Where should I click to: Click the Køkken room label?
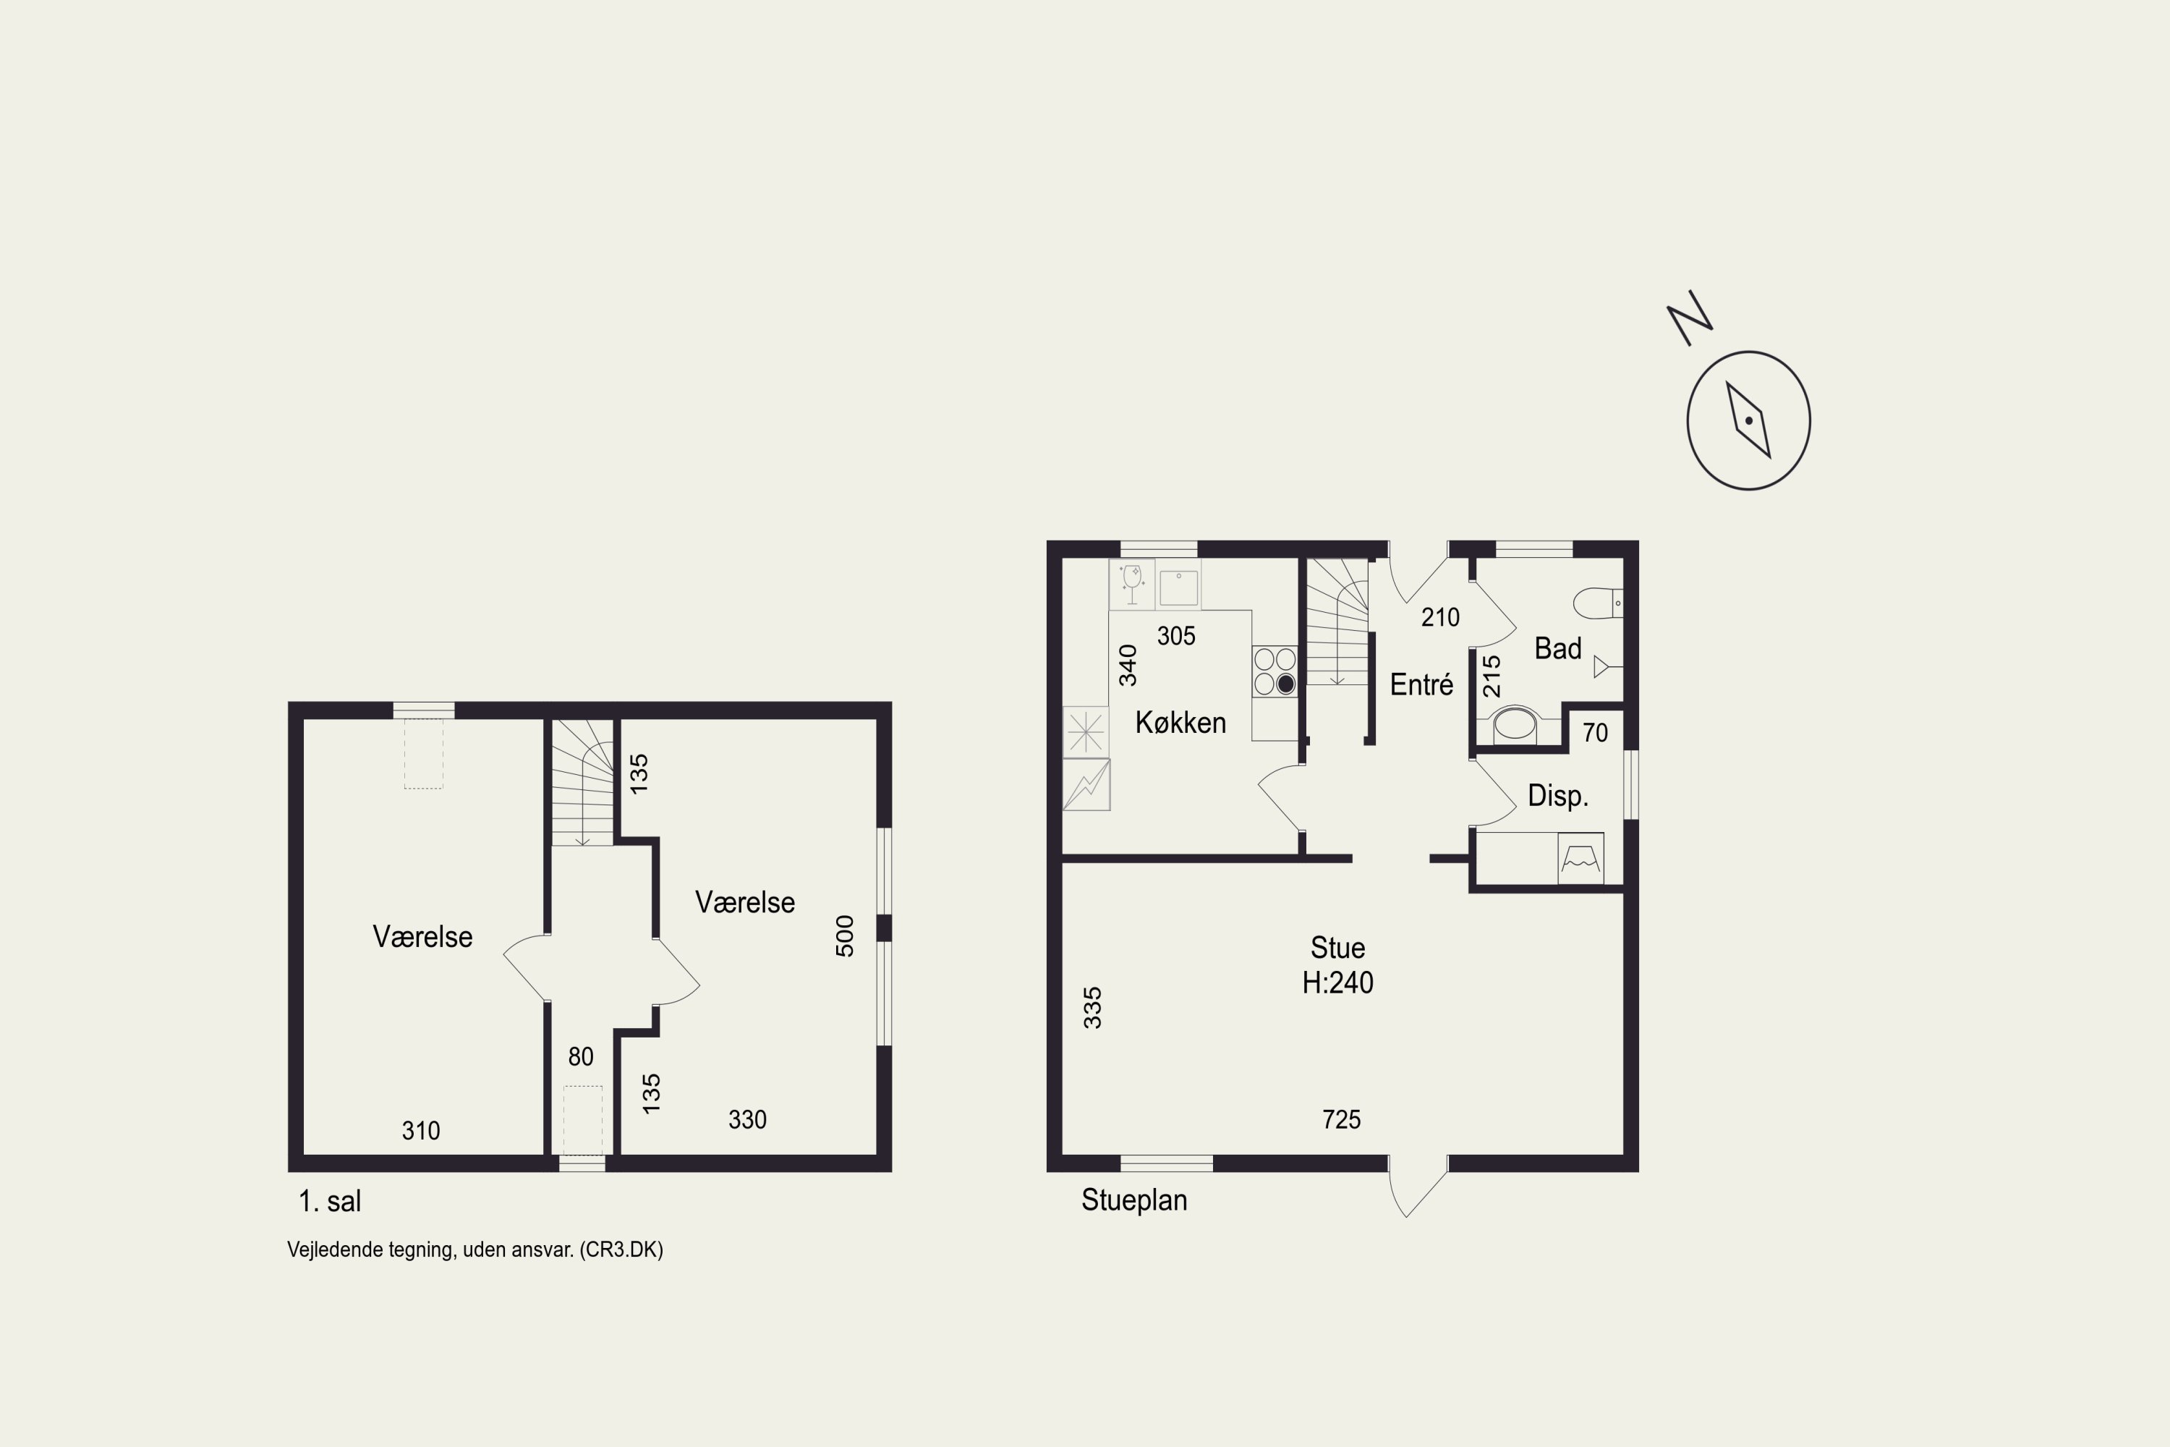pos(1180,723)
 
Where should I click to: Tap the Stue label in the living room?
pos(1337,948)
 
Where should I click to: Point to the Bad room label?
pos(1557,649)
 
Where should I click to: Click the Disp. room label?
pos(1557,795)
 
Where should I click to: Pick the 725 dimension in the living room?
pos(1342,1119)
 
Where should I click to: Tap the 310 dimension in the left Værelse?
pos(421,1130)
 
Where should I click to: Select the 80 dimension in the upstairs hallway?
pos(580,1056)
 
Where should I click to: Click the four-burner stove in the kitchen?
pos(1274,671)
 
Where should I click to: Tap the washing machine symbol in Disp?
pos(1580,858)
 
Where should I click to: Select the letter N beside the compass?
pos(1689,318)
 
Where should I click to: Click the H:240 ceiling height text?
pos(1337,983)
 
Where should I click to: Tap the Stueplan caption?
pos(1134,1200)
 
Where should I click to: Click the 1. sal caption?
pos(329,1202)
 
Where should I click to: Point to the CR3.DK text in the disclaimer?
pos(621,1249)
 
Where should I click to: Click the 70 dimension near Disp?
pos(1595,733)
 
